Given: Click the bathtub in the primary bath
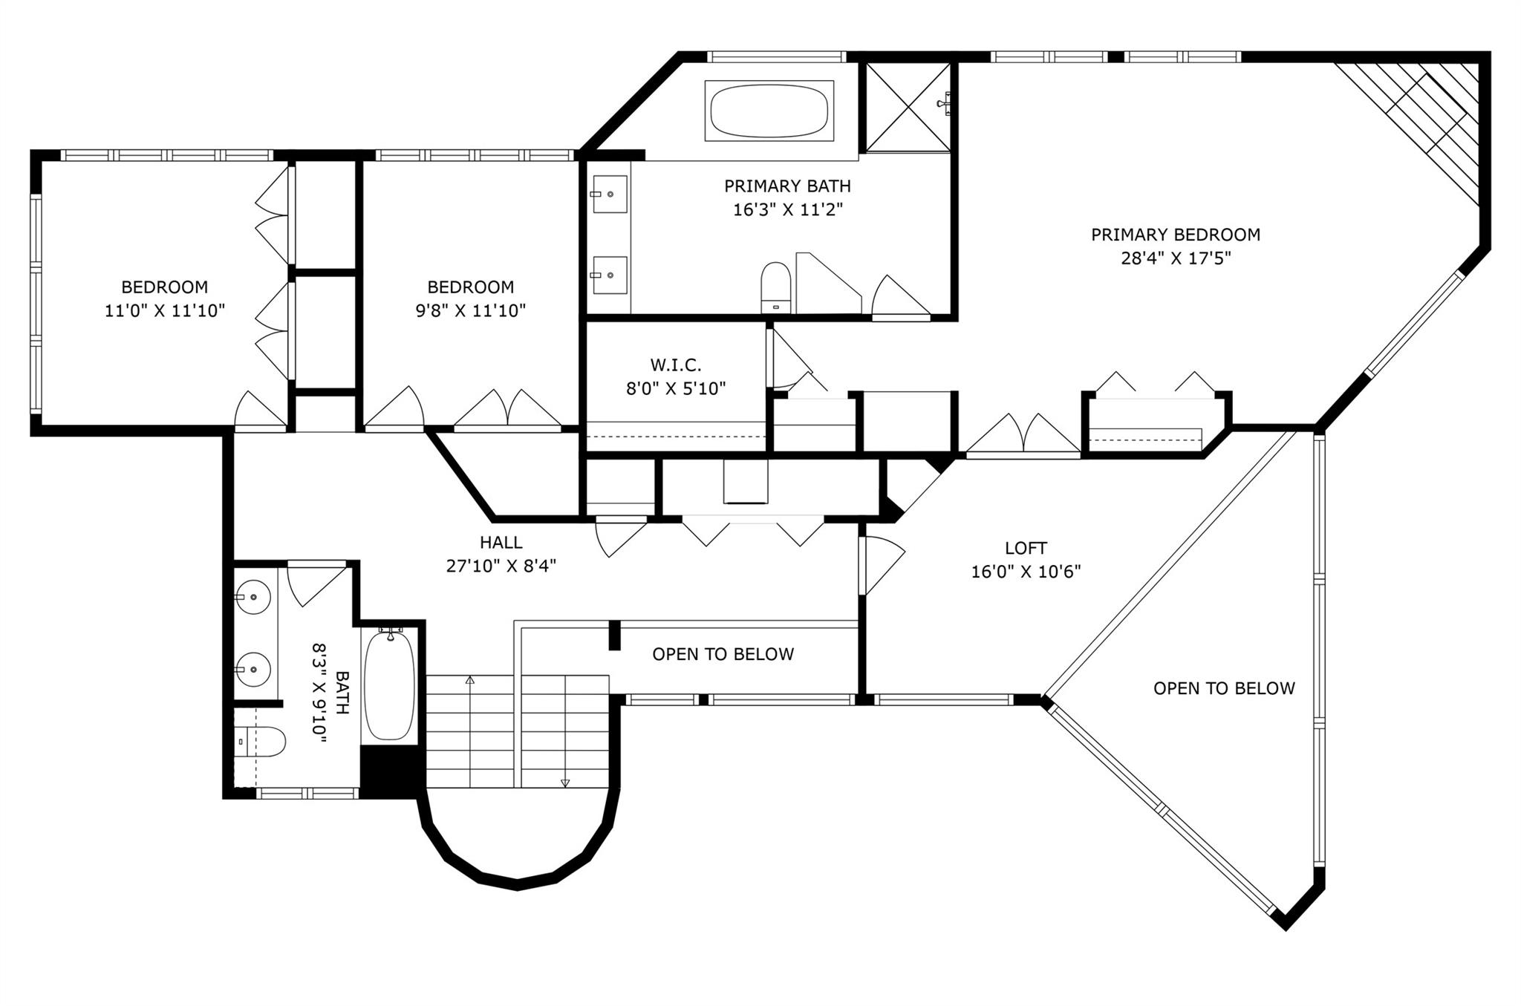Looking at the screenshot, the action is [x=769, y=111].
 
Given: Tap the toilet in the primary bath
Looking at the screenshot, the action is [x=776, y=287].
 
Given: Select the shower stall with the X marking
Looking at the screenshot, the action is [x=908, y=107].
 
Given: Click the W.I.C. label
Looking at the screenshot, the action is [x=676, y=365].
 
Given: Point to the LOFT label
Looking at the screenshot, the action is [x=1026, y=548].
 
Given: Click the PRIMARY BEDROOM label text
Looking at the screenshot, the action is [x=1176, y=235].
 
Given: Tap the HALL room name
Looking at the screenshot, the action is [x=501, y=543].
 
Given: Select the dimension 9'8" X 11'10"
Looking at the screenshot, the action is [x=471, y=310].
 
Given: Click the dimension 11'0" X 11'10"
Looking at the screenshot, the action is [x=165, y=310].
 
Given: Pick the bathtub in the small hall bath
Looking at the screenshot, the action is [x=389, y=685].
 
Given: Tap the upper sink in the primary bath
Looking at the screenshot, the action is [x=610, y=194].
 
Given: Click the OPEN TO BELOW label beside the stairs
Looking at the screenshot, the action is [x=723, y=654].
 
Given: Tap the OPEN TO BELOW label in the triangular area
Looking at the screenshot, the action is [x=1224, y=688].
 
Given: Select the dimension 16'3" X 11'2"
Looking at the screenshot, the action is [x=788, y=209].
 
